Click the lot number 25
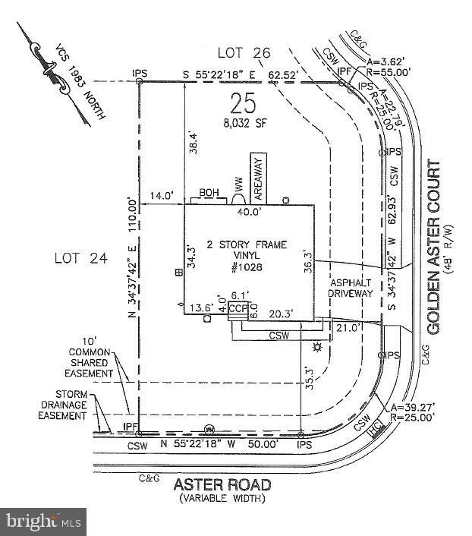coord(244,102)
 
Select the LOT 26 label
coord(244,52)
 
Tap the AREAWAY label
coord(257,176)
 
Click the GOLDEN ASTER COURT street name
coord(434,247)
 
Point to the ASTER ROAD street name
coord(222,484)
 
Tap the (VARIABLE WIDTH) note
coord(222,498)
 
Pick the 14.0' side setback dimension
coord(162,195)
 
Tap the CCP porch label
coord(238,309)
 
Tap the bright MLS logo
coord(43,522)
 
